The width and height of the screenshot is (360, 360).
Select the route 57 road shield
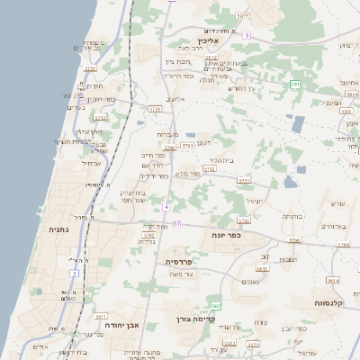point(177,223)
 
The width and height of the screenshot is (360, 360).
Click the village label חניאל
point(254,200)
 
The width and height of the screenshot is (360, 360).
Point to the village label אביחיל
point(92,163)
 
